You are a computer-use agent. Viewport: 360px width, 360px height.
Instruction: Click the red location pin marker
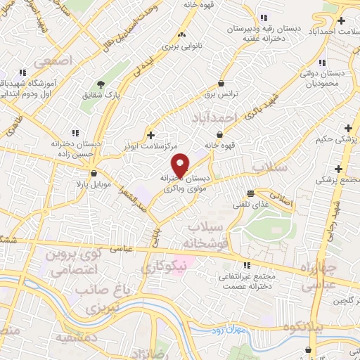(181, 165)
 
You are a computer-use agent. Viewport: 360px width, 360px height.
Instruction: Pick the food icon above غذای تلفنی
(251, 193)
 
